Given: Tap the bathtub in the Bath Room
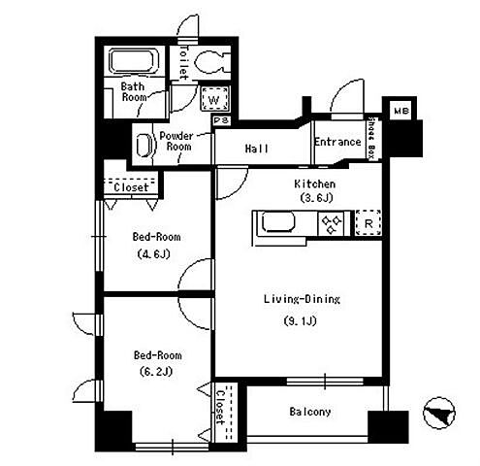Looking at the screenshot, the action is click(x=135, y=61).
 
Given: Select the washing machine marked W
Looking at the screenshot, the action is click(x=214, y=99).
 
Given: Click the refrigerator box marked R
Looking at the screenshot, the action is click(x=368, y=223).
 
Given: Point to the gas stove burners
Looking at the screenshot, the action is click(x=332, y=223).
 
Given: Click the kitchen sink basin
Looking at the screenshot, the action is click(x=278, y=222).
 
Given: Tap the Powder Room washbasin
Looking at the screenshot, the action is click(x=144, y=145).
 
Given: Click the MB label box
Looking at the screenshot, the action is click(x=401, y=111).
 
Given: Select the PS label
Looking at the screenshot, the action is click(x=222, y=120).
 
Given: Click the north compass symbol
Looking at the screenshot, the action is click(x=439, y=413).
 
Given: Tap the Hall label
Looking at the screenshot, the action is click(x=257, y=149).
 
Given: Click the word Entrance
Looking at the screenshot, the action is click(x=337, y=142).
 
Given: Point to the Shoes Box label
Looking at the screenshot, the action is click(x=372, y=138).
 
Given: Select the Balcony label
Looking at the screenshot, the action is click(x=310, y=412).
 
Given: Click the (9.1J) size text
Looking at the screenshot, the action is click(x=300, y=320).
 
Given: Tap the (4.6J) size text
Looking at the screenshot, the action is click(x=153, y=253).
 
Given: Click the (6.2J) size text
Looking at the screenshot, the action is click(x=156, y=371).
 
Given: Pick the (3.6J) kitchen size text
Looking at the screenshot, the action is click(x=316, y=197).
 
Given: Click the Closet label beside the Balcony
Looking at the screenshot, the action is click(x=220, y=407).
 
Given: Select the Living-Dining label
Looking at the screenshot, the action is click(x=302, y=299).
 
